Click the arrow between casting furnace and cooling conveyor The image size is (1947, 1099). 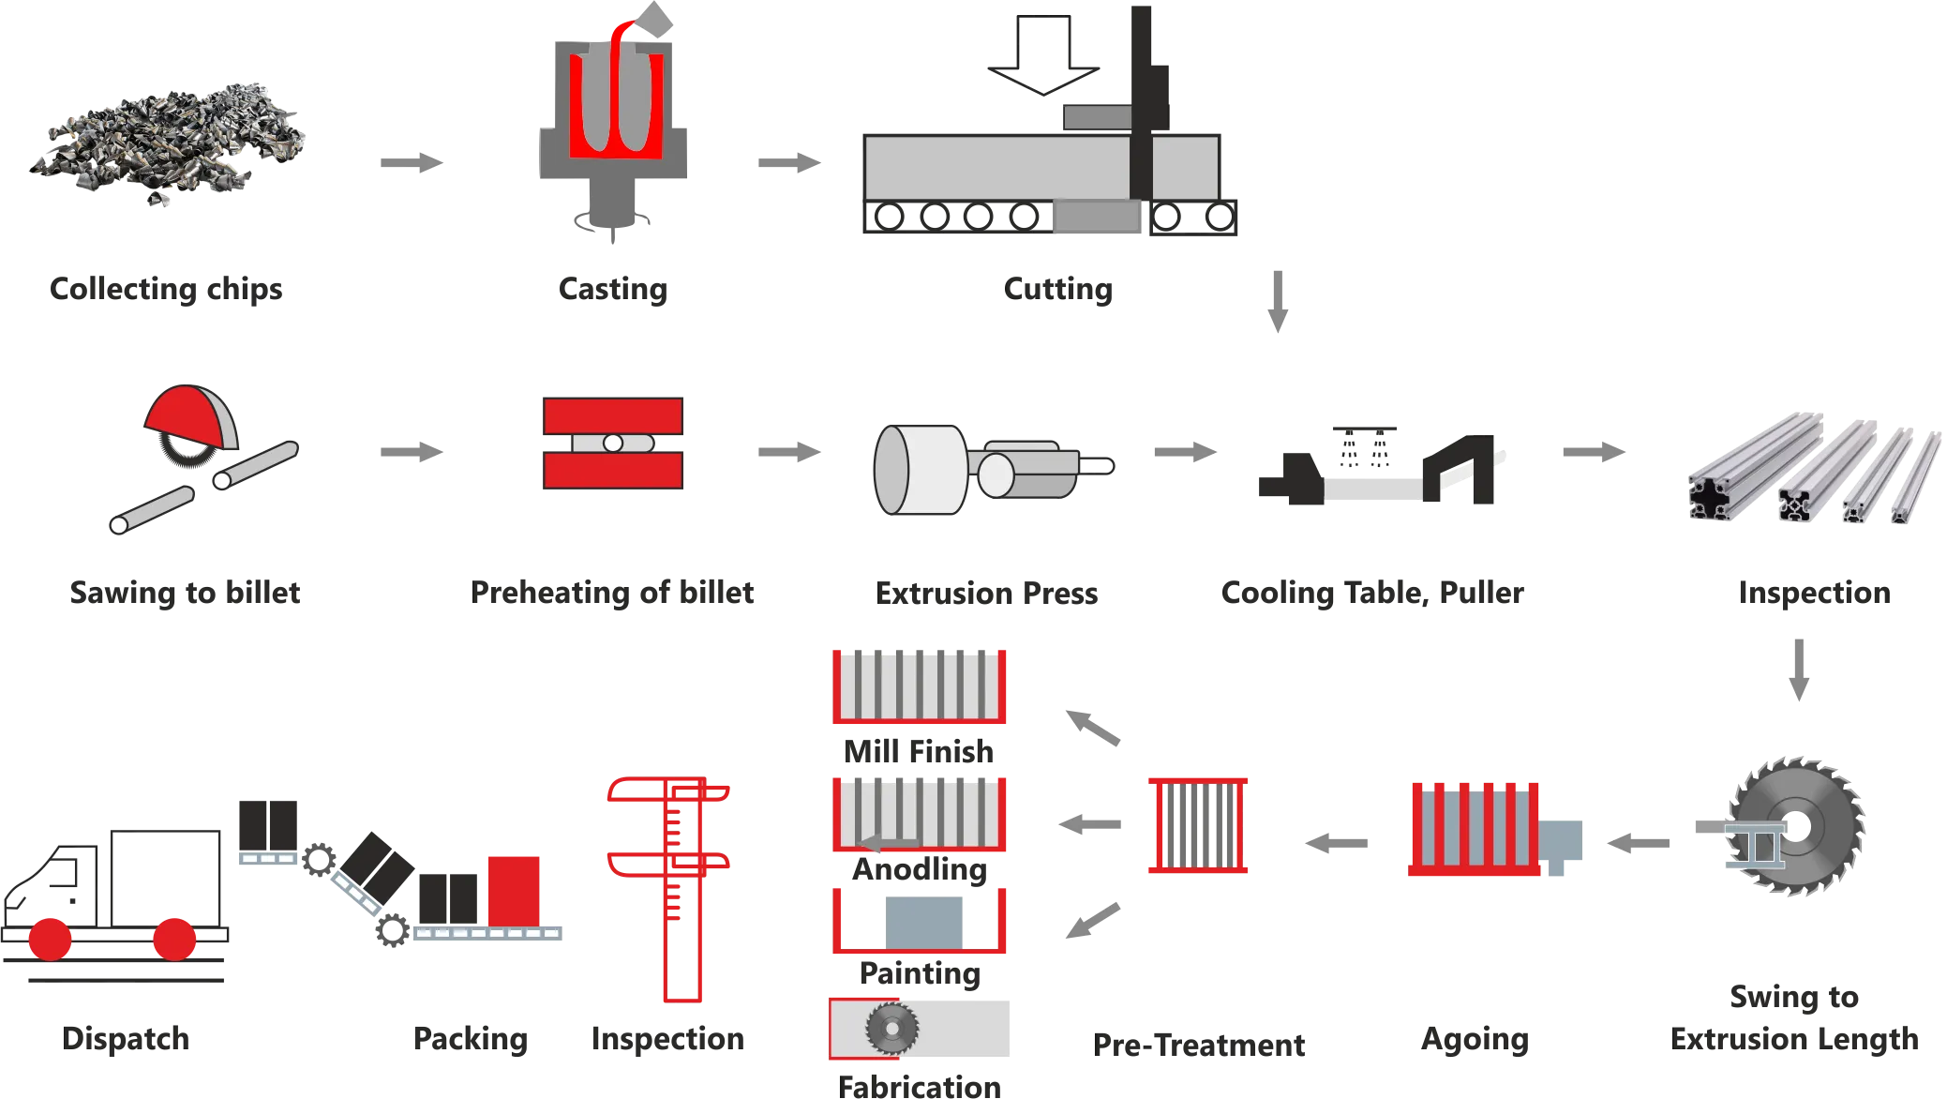pos(789,164)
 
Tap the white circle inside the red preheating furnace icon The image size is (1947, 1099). pos(612,443)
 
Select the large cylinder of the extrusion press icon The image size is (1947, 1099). pos(919,469)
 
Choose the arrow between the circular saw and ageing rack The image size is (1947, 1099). pos(1638,843)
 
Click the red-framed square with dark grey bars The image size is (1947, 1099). pos(1199,825)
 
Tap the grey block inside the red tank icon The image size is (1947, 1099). pos(924,920)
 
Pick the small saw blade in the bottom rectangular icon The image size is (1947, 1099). pos(891,1027)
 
